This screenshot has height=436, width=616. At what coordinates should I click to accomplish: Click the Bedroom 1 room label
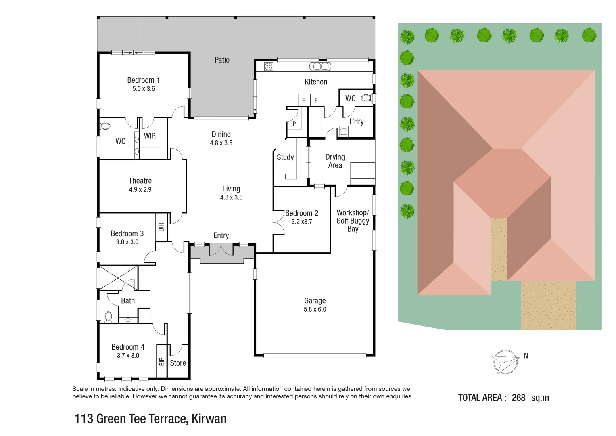coord(143,80)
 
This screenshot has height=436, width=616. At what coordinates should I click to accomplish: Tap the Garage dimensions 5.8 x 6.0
coord(315,310)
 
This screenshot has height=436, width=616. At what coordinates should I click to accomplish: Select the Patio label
coord(222,60)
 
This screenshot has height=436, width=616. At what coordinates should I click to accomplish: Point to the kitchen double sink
coord(320,66)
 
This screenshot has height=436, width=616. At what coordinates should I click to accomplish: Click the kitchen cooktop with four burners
coord(269,66)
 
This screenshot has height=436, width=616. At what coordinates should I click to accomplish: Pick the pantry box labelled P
coord(294,124)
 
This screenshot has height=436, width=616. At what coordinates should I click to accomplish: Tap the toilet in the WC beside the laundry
coord(366,98)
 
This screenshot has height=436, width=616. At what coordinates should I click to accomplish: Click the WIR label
coord(150,136)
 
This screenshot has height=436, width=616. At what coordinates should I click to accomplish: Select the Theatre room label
coord(140,180)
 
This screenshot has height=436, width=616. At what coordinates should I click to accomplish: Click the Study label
coord(285,157)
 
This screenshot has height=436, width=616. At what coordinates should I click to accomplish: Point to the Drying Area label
coord(335,161)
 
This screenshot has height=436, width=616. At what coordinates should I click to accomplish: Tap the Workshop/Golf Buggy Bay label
coord(353,220)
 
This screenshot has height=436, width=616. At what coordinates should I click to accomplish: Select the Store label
coord(178,363)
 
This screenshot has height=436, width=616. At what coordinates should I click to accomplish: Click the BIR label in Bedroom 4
coord(162,361)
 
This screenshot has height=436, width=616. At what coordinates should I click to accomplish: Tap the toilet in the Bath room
coord(108,317)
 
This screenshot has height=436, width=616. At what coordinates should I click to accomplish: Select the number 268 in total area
coord(518,398)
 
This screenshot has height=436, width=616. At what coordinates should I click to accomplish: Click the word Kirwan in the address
coord(209,419)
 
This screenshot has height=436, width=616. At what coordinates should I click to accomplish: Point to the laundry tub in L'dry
coord(344,131)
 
